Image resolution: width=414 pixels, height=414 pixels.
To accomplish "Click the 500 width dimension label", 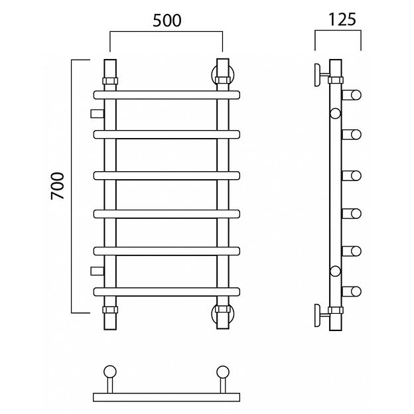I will (166, 20).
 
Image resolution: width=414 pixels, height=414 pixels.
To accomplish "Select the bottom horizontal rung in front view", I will (166, 291).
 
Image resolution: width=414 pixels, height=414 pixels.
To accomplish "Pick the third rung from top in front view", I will (166, 175).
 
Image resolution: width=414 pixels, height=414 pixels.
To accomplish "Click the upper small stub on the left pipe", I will (97, 112).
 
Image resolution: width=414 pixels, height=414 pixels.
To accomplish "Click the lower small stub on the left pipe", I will (97, 271).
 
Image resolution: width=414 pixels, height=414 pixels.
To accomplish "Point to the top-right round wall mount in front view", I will (222, 72).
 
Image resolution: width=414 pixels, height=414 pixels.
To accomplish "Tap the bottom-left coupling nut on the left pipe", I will (109, 310).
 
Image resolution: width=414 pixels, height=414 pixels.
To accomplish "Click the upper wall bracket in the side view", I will (322, 73).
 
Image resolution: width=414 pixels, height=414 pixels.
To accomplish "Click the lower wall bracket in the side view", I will (322, 313).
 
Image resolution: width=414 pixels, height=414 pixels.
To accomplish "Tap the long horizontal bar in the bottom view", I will (166, 397).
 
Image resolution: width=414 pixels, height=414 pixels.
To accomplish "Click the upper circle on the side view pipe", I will (335, 113).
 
